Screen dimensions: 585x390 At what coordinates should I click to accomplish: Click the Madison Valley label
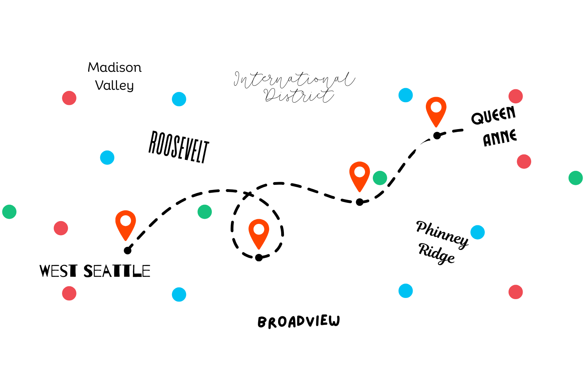pos(115,76)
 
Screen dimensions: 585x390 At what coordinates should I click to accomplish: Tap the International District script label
pos(294,87)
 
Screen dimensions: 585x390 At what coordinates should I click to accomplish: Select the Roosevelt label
pos(179,147)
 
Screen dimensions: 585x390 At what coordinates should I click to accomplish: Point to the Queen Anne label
pos(494,126)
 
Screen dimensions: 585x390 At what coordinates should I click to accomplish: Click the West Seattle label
pos(95,271)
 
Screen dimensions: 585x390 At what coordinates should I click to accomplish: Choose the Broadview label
pos(299,322)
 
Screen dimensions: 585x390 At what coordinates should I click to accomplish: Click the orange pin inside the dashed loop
pos(259,234)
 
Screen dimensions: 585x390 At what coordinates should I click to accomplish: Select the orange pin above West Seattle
pos(126,225)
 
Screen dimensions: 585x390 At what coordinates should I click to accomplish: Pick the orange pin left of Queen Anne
pos(436,112)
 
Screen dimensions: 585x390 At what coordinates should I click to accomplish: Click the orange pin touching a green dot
pos(360,177)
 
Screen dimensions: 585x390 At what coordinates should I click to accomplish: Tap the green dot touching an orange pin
pos(380,178)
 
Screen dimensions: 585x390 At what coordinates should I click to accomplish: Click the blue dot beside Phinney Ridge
pos(478,232)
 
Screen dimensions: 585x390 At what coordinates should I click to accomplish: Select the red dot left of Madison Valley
pos(69,98)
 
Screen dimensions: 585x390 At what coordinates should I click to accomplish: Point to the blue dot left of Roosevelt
pos(107,158)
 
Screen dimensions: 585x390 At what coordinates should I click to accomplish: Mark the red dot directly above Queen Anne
pos(516,96)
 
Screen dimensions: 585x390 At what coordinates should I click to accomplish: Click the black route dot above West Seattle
pos(128,250)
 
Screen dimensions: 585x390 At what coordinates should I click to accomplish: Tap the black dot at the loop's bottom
pos(259,257)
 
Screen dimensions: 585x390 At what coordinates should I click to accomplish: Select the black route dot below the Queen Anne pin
pos(437,136)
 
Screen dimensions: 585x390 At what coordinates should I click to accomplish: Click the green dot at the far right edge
pos(576,178)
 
